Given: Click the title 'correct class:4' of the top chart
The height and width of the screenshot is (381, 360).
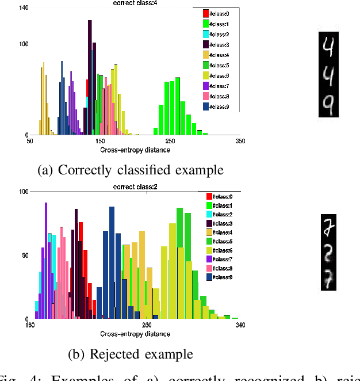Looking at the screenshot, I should (135, 3).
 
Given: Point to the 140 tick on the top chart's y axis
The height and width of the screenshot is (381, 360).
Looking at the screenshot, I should (24, 8).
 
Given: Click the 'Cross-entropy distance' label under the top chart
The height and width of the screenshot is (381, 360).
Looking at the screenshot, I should (135, 150).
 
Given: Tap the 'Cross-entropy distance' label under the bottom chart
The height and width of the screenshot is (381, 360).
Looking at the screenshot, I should (135, 334).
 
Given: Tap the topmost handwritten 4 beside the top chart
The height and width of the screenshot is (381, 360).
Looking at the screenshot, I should (327, 45).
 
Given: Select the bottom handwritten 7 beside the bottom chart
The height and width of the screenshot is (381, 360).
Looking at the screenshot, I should (327, 280).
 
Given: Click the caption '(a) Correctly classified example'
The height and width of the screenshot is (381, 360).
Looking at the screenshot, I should (130, 170).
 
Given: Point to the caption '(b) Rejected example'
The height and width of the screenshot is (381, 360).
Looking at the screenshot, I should (130, 353).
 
